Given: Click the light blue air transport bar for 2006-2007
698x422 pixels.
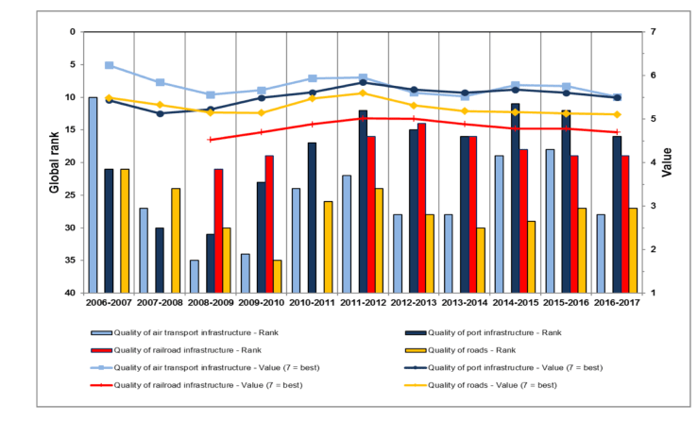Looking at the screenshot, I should point(93,194).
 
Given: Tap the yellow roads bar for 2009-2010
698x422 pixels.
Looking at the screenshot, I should point(278,277).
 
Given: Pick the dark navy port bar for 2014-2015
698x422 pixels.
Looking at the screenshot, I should point(515,198).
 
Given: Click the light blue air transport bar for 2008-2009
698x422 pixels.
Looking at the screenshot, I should point(194,277).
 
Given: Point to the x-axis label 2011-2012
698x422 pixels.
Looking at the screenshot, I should point(364,302).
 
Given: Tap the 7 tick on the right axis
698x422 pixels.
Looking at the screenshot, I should point(653,32).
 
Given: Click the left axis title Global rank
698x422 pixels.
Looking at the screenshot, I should point(54,162).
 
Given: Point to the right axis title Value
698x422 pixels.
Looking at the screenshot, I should point(667,162).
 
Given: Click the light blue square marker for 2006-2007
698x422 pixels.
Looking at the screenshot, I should point(109,65).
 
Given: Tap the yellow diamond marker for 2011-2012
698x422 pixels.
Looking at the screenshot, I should point(363,93).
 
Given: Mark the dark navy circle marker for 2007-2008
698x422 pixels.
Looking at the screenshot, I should point(160,113).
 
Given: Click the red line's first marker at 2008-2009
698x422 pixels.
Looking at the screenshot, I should point(211,140).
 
